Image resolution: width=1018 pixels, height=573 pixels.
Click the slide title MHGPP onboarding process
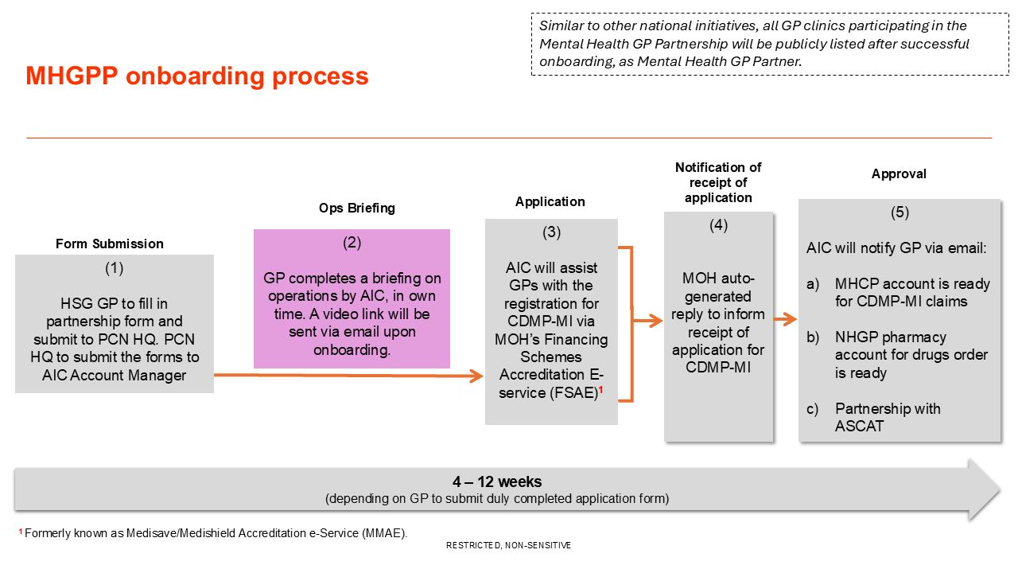click(197, 76)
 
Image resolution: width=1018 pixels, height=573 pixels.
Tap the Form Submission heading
click(110, 244)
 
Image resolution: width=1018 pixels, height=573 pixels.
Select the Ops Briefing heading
click(357, 209)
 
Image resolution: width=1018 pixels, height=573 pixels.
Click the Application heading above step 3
click(550, 202)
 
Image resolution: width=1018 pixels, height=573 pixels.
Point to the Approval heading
click(899, 174)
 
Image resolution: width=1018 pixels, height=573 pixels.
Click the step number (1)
click(115, 268)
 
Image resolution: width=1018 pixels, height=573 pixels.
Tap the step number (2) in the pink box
click(352, 244)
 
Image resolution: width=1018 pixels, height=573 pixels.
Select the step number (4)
click(718, 225)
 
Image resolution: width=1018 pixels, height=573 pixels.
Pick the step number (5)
click(899, 212)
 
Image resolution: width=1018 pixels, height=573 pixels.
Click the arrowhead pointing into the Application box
click(478, 376)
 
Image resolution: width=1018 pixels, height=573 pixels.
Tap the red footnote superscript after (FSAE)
click(600, 390)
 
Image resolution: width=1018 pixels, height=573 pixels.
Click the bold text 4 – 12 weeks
click(497, 482)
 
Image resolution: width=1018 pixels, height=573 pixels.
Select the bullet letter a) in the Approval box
click(813, 284)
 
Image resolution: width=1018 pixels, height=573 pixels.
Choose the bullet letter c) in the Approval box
click(813, 409)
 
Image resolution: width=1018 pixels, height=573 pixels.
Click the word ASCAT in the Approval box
click(860, 427)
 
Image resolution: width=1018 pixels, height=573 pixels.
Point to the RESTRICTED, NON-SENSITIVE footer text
click(508, 546)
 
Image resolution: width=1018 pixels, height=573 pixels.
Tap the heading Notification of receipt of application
click(718, 182)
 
